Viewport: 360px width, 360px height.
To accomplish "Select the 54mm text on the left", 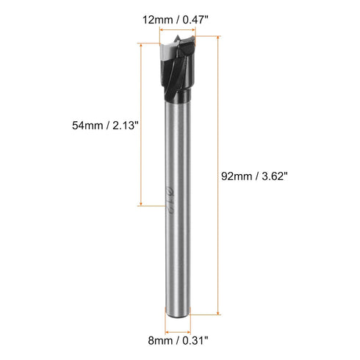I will tap(87, 126).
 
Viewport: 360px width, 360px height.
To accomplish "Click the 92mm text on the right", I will tap(237, 176).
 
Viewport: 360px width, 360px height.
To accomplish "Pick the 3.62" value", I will tap(271, 176).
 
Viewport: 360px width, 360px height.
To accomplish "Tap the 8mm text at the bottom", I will tap(159, 340).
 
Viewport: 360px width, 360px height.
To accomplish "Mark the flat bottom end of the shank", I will tap(176, 314).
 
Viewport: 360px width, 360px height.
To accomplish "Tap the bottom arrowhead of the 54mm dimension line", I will tap(140, 205).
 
